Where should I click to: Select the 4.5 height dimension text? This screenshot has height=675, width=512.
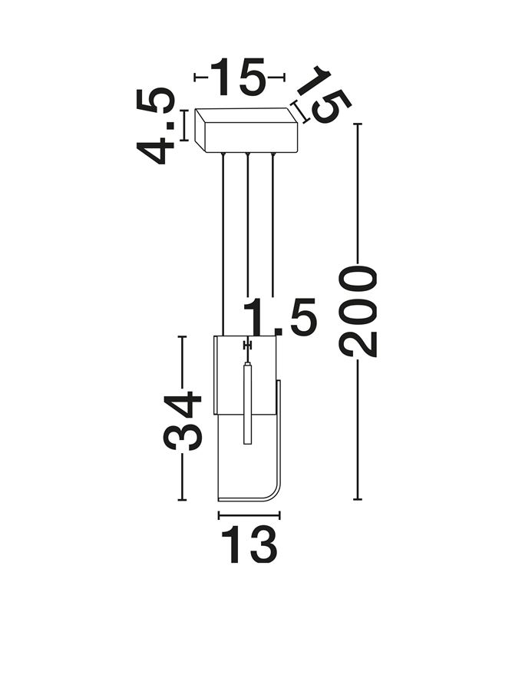pos(156,127)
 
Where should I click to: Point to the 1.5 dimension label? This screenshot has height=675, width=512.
pos(280,318)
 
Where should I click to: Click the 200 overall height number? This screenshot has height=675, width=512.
pos(359,311)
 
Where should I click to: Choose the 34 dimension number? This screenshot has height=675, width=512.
pos(183,420)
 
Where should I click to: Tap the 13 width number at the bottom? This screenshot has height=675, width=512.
pos(249,545)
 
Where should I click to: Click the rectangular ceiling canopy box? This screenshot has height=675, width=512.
pos(246,131)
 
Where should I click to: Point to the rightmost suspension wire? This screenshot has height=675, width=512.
pos(273,230)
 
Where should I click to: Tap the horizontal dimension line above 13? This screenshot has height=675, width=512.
pos(249,515)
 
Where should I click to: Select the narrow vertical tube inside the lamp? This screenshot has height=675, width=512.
pos(247,403)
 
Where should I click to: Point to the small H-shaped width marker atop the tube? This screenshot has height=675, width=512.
pos(247,346)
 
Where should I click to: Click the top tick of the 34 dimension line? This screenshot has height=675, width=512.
pos(182,336)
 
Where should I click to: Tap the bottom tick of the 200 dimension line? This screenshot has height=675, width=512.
pos(358,499)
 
